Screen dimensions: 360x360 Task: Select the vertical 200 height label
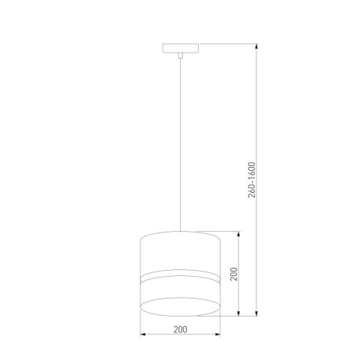[233, 274]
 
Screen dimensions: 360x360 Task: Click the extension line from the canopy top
[225, 45]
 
